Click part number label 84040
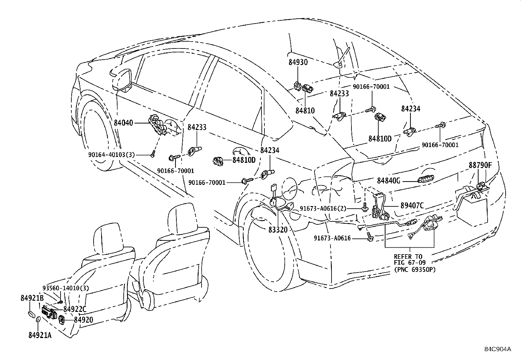[123, 123]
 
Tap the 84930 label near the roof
[298, 62]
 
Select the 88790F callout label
[480, 165]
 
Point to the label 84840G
[389, 180]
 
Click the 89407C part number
[412, 206]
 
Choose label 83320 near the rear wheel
[278, 230]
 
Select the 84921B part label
[32, 298]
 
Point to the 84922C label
[75, 309]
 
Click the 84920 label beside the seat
[83, 320]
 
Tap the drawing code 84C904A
[497, 349]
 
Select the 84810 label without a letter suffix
[305, 110]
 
